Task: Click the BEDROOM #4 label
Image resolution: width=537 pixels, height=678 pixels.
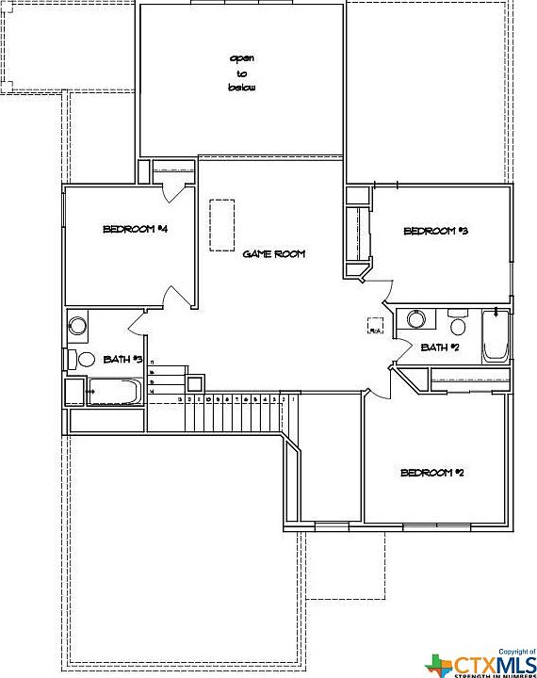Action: pyautogui.click(x=135, y=229)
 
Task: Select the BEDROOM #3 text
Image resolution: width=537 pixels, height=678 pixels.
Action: pyautogui.click(x=435, y=231)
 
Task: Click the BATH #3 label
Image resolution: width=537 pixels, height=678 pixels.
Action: pyautogui.click(x=122, y=359)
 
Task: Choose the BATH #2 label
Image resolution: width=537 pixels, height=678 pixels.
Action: pyautogui.click(x=440, y=347)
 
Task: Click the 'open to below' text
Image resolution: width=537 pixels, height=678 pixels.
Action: pyautogui.click(x=242, y=73)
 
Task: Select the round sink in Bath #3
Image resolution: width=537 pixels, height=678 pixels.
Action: pyautogui.click(x=78, y=326)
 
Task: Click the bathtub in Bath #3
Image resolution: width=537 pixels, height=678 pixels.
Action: pyautogui.click(x=114, y=391)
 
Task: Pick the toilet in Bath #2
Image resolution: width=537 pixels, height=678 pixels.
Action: pyautogui.click(x=459, y=325)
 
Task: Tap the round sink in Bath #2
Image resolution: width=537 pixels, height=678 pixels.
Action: pyautogui.click(x=417, y=320)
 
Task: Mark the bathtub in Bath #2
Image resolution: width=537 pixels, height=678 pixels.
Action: pyautogui.click(x=496, y=336)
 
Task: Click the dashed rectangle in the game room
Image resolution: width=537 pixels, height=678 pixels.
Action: pyautogui.click(x=221, y=225)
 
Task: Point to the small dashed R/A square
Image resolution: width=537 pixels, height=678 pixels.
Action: pyautogui.click(x=375, y=326)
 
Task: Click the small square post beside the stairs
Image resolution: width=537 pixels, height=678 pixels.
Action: pyautogui.click(x=194, y=383)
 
